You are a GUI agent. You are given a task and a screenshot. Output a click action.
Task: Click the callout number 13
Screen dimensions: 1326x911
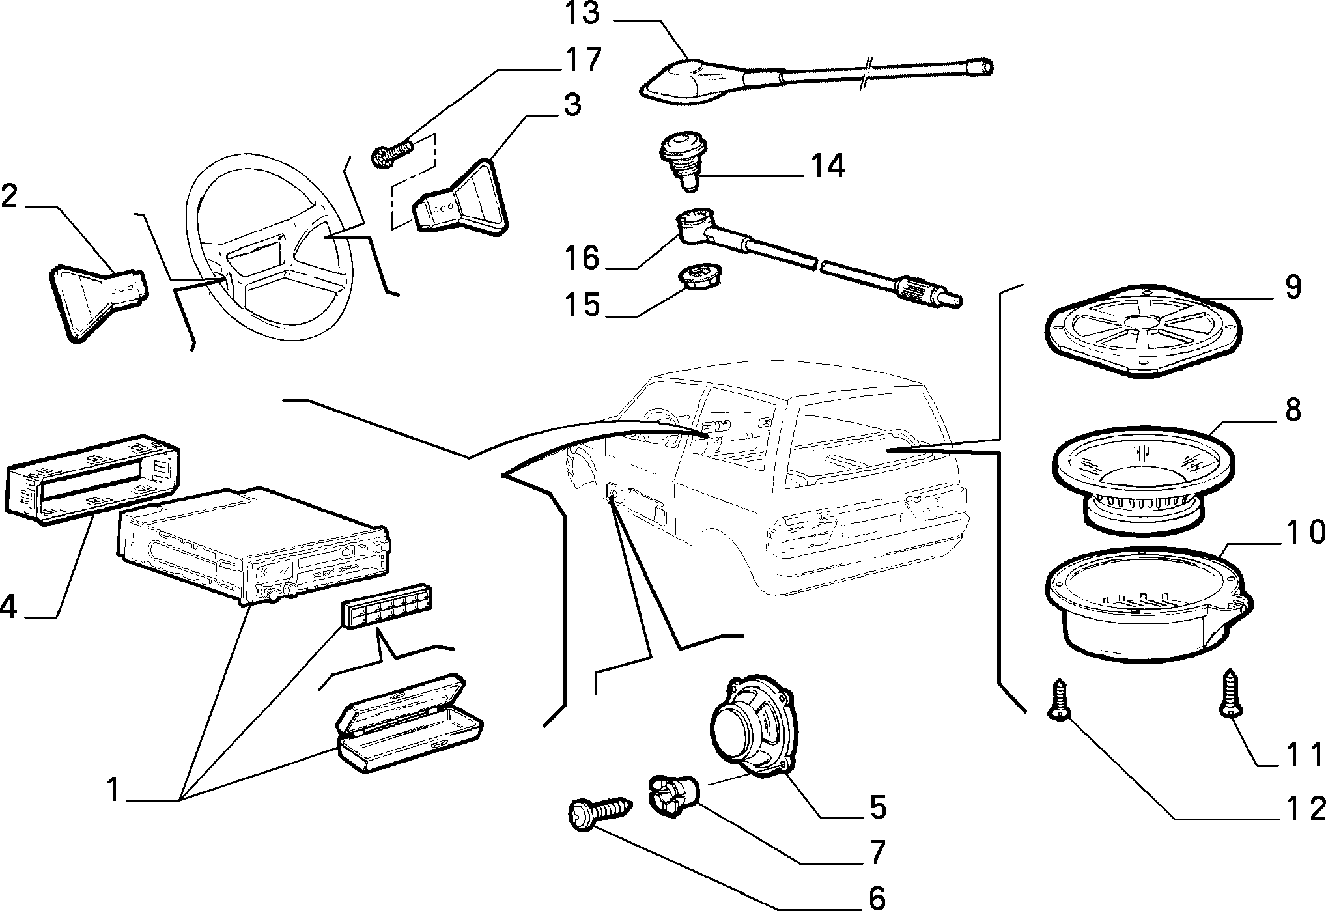point(582,13)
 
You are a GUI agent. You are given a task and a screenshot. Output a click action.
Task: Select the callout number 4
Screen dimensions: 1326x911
point(8,606)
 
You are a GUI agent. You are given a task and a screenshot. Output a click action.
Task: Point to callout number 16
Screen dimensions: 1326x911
point(582,259)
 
